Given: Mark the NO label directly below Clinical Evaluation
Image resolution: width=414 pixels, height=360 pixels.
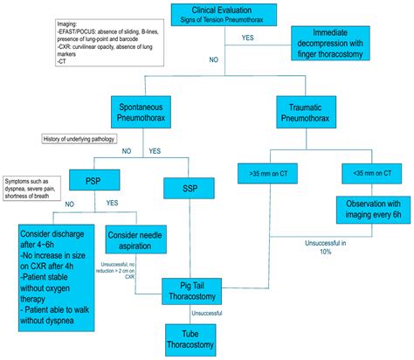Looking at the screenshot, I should [x=212, y=60].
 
